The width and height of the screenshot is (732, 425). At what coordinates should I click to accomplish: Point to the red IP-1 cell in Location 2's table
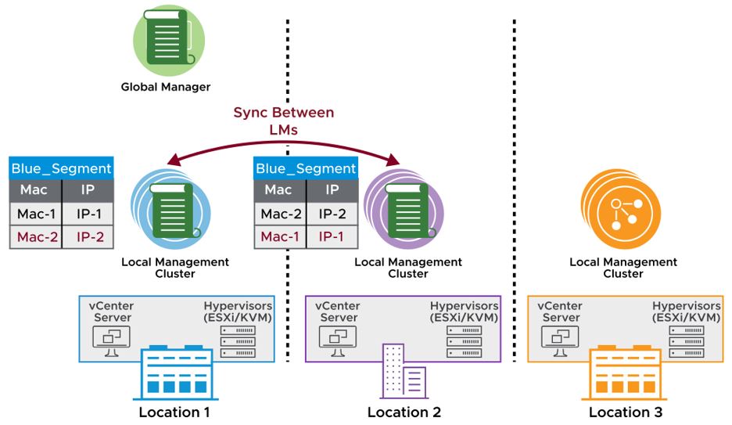point(332,236)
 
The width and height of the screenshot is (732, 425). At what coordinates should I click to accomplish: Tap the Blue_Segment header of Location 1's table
point(62,167)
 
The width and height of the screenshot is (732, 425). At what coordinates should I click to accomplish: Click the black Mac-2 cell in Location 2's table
point(282,214)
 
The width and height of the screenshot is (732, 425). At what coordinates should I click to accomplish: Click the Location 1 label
point(174,412)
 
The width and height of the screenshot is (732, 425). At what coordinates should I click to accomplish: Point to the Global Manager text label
point(166,87)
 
